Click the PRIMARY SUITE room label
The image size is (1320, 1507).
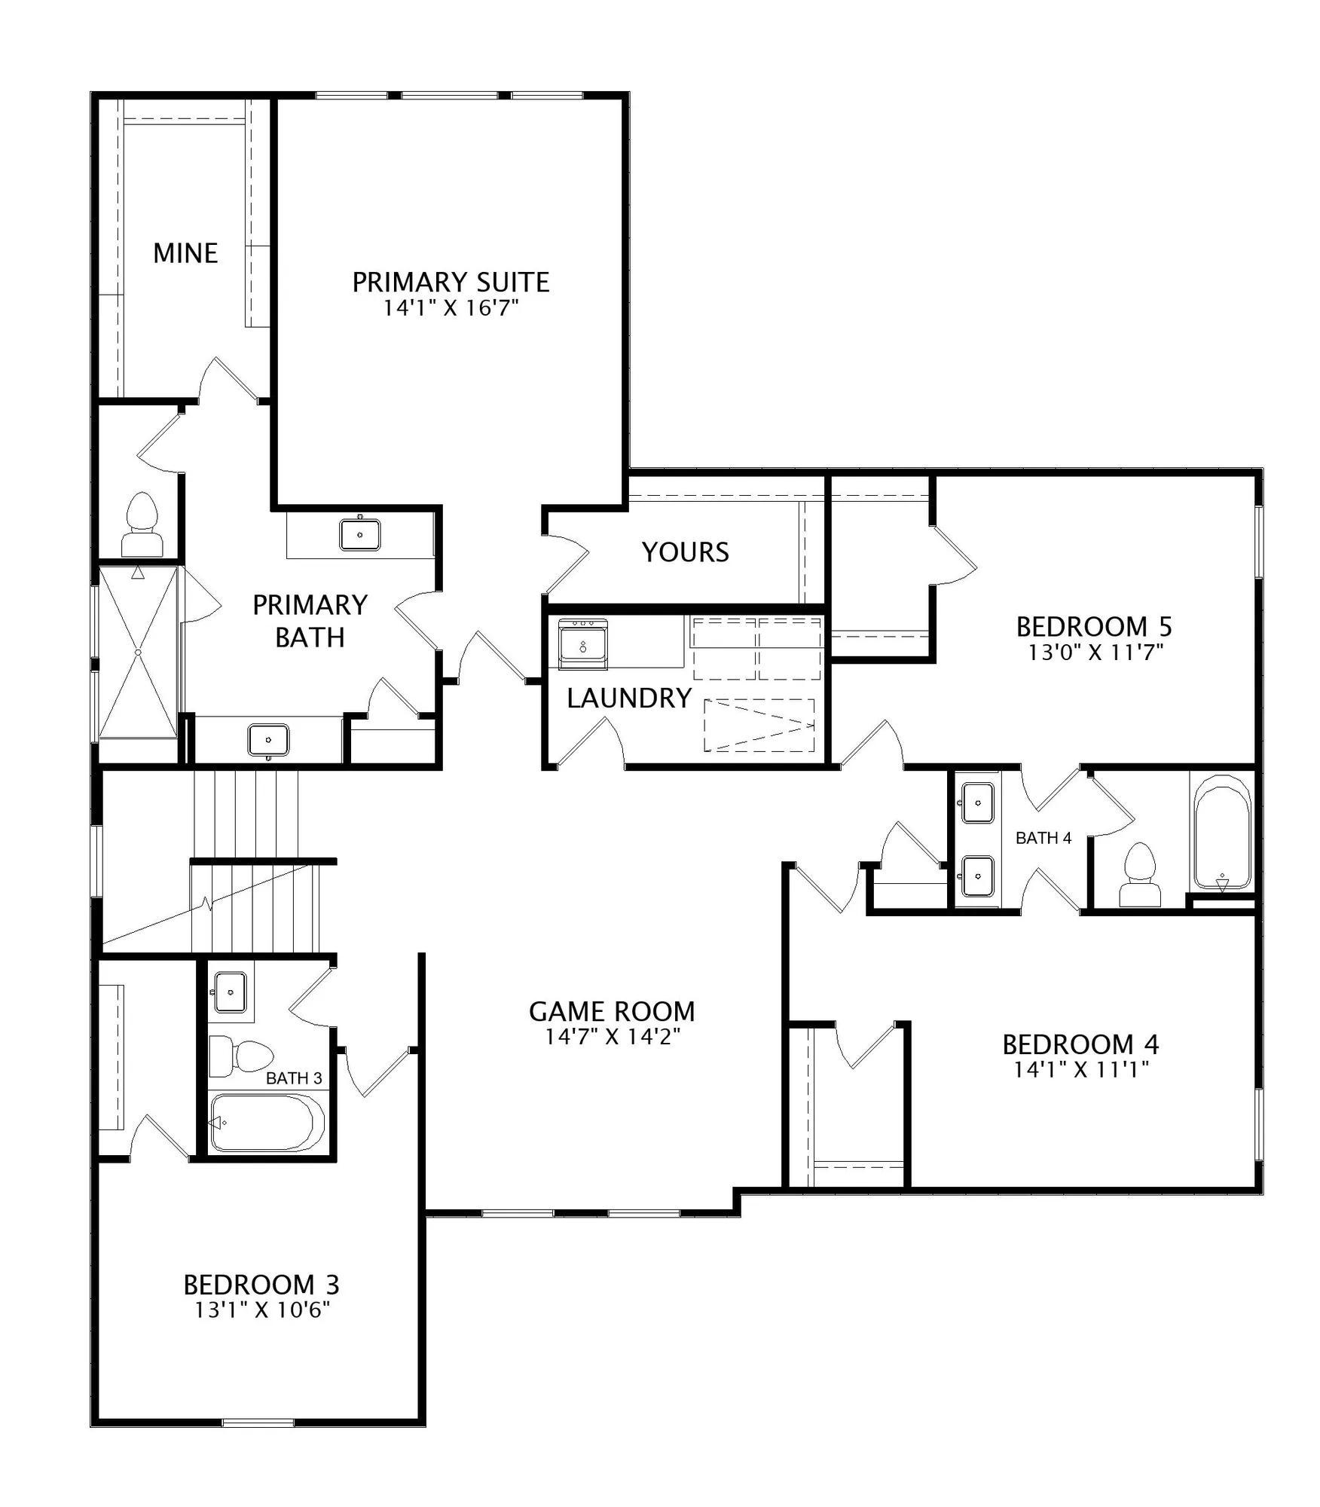451,282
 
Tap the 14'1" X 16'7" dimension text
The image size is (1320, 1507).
451,308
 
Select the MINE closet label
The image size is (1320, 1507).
185,253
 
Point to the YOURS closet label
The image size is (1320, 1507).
685,552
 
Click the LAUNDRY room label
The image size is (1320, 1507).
629,698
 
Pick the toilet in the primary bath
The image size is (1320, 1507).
142,525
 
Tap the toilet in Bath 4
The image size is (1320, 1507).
1139,875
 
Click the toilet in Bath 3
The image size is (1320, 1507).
240,1057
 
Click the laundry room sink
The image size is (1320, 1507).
583,644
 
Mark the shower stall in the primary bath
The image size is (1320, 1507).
138,653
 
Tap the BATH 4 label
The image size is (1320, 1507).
1043,838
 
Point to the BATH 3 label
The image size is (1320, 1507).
294,1078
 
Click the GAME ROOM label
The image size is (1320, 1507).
612,1011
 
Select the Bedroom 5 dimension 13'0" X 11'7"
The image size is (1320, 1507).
1096,653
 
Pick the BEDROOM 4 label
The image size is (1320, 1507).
1080,1044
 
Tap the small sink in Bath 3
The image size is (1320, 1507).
230,992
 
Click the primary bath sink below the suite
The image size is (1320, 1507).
360,534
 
